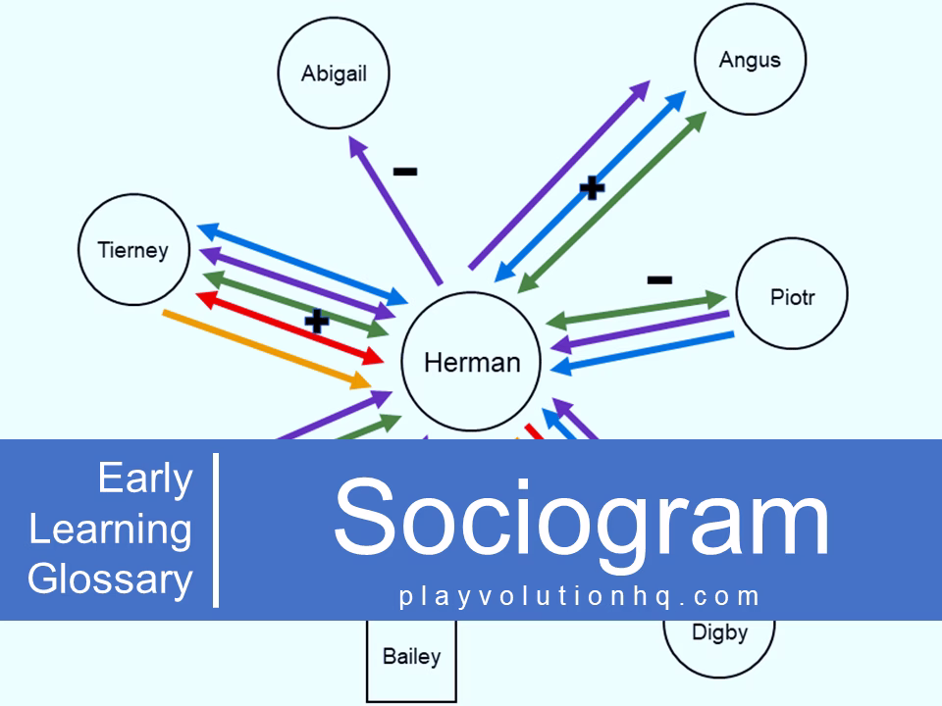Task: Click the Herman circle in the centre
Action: pyautogui.click(x=471, y=362)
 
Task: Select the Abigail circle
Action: pyautogui.click(x=334, y=74)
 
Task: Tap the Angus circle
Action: pyautogui.click(x=750, y=60)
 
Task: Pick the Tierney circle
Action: pyautogui.click(x=133, y=250)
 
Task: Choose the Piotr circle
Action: pyautogui.click(x=792, y=296)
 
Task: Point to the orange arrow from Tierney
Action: pyautogui.click(x=265, y=347)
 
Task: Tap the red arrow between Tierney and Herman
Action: pyautogui.click(x=289, y=326)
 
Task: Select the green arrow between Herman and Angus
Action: pyautogui.click(x=613, y=201)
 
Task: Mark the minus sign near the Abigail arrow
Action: pyautogui.click(x=404, y=172)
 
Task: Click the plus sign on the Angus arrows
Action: pyautogui.click(x=591, y=186)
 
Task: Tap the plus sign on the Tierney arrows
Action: pyautogui.click(x=316, y=321)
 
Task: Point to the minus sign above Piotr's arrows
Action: pyautogui.click(x=659, y=279)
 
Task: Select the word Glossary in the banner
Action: pyautogui.click(x=110, y=579)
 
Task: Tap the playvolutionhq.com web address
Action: pyautogui.click(x=580, y=596)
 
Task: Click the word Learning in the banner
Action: pyautogui.click(x=110, y=529)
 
